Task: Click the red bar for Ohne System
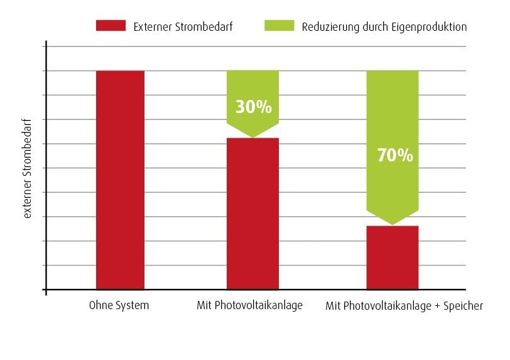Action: click(x=120, y=180)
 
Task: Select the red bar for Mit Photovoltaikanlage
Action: click(x=252, y=214)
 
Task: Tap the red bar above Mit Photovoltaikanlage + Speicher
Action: click(x=392, y=258)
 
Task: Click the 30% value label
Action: click(x=253, y=107)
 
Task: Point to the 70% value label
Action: click(x=395, y=155)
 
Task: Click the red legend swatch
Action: click(x=110, y=26)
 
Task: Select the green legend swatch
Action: click(x=278, y=26)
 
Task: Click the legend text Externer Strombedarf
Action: click(x=183, y=26)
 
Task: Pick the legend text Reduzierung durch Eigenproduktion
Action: click(x=384, y=26)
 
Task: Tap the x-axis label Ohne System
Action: click(x=119, y=306)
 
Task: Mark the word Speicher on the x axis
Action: click(x=464, y=307)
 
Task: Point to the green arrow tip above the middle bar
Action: click(x=252, y=135)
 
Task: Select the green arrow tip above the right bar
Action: click(x=392, y=222)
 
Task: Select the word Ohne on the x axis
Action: click(x=102, y=306)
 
